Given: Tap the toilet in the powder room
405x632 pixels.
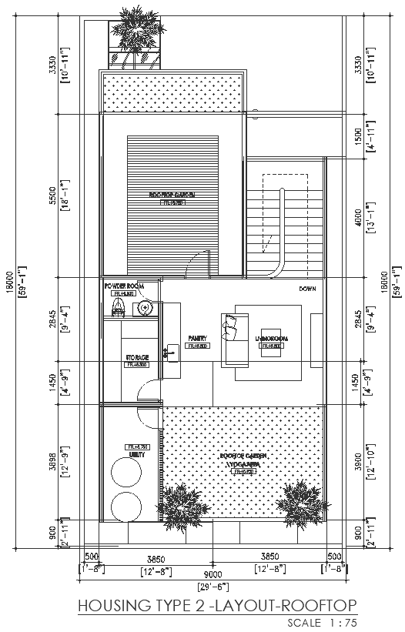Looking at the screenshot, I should pyautogui.click(x=117, y=309).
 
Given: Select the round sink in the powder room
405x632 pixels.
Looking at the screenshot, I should pyautogui.click(x=143, y=309).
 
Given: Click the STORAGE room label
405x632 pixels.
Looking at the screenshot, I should pyautogui.click(x=136, y=358).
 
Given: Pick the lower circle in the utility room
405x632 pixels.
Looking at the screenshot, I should pyautogui.click(x=126, y=507).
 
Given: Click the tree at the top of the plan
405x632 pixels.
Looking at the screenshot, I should pyautogui.click(x=137, y=32).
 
